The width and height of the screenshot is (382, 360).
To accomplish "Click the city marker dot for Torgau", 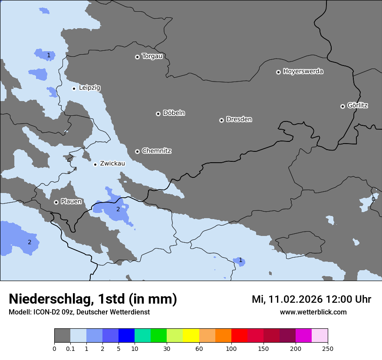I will (137, 57).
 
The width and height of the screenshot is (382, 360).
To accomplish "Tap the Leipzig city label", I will (89, 88).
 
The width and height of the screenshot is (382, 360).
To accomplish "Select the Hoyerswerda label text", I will (303, 71).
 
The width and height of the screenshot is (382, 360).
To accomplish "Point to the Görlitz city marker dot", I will (342, 106).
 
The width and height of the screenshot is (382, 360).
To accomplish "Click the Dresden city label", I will (239, 119).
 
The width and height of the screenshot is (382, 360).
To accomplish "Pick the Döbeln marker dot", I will (158, 114).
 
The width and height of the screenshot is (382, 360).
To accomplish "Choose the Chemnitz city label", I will (156, 151).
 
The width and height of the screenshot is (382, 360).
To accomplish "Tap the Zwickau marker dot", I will (95, 164).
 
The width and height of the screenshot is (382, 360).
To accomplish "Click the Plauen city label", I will (71, 202).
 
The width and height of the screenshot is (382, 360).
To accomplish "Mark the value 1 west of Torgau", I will (49, 55).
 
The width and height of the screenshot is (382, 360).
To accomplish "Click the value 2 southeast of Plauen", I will (118, 209).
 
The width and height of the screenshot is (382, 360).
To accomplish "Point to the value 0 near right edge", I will (373, 200).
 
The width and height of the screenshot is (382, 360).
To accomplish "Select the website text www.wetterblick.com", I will (313, 312).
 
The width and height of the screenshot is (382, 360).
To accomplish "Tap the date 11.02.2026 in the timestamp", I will (295, 299).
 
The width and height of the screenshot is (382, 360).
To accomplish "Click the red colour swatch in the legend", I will (239, 336).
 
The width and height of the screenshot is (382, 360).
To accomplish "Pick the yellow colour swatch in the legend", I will (191, 336).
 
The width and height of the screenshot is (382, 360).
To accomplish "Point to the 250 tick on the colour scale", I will (328, 348).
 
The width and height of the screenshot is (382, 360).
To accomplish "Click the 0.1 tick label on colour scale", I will (70, 348).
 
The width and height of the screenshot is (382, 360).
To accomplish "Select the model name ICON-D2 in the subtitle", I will (45, 312).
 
